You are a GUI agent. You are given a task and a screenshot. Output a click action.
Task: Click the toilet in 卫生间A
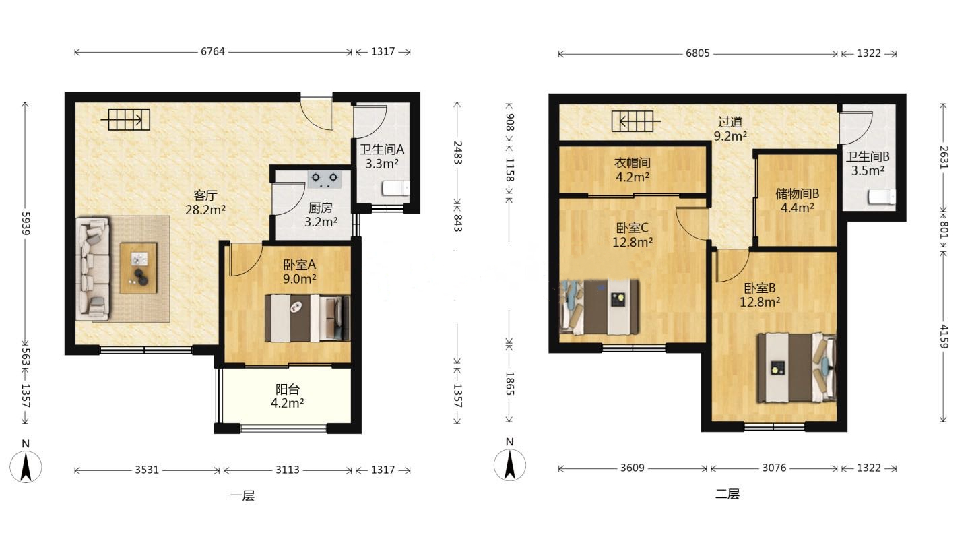coord(396,189)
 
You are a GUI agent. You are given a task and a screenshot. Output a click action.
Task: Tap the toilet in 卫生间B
coord(882,197)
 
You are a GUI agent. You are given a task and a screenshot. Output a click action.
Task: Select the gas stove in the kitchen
coord(325,179)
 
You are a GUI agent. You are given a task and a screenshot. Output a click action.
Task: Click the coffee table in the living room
coord(139,268)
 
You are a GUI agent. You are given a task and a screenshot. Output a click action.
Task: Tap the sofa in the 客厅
coord(93,269)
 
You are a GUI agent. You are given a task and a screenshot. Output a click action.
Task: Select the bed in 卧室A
coord(307,318)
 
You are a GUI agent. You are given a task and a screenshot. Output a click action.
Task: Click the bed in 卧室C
coord(600,307)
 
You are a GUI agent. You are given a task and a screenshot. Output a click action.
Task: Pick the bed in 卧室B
coord(797,367)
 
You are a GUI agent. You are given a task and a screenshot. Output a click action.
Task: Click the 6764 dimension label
coord(213,51)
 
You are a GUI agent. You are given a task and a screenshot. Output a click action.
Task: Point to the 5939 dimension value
coord(26,224)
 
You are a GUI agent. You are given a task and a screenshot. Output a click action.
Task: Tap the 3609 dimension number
coord(633,468)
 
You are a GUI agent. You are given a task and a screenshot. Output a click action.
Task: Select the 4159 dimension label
coord(944,336)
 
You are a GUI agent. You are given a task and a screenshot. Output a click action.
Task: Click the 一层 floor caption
coord(243,495)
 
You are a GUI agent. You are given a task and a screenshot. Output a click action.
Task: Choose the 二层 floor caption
coord(727,494)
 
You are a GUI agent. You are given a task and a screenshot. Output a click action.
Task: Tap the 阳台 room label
coord(288,389)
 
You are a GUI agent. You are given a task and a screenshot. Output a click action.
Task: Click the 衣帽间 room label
coord(633,163)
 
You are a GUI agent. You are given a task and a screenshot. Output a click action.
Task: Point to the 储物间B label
coord(797,193)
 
